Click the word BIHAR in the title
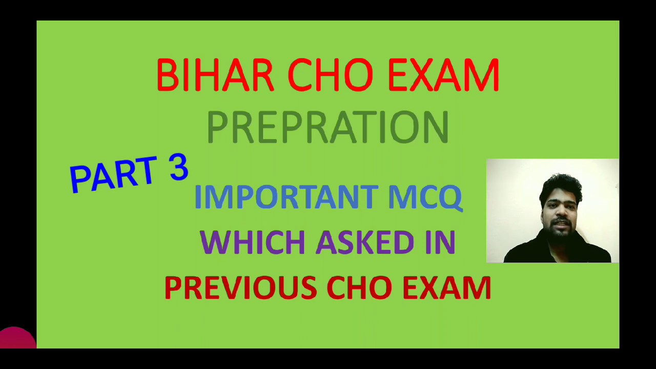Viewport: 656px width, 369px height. (215, 75)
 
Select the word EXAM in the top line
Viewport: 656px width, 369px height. (443, 75)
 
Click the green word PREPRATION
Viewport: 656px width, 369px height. (328, 128)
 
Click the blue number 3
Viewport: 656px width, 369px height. (178, 168)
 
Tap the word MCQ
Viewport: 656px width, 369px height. (425, 197)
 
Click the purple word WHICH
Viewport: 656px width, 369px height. (252, 242)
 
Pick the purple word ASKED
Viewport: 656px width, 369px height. (364, 242)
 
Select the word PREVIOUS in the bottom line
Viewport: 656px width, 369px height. (240, 288)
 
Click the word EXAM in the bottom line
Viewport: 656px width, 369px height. (446, 288)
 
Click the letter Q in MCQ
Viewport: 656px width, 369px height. (451, 198)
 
